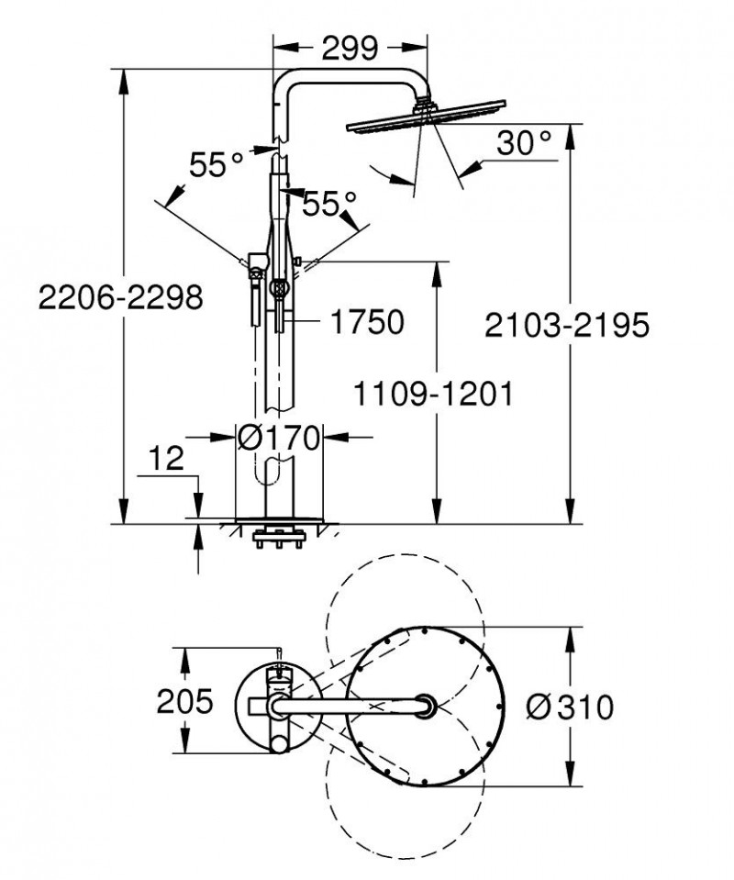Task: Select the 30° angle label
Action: [525, 142]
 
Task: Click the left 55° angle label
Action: [217, 165]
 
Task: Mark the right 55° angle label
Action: [328, 203]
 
